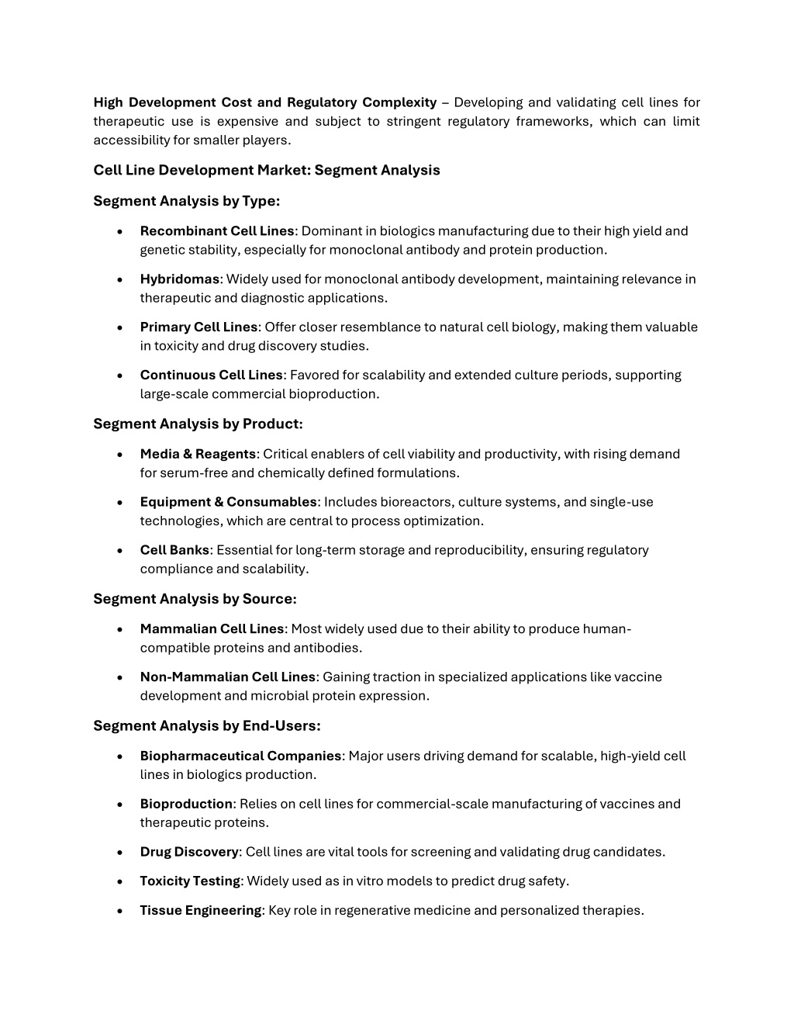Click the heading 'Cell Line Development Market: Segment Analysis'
point(266,170)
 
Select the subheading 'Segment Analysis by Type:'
point(186,201)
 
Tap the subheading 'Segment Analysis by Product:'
point(198,424)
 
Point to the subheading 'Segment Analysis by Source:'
point(195,599)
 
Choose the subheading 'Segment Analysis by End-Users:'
point(206,726)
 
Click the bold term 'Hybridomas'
point(179,279)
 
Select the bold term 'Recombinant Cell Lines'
point(217,231)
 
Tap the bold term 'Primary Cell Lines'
point(198,327)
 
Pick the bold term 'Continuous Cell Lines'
point(211,376)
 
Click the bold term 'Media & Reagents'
point(198,454)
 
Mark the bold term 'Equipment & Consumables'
point(228,502)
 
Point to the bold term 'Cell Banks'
point(174,550)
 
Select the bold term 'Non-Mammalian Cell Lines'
point(227,677)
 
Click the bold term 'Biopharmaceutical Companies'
point(240,756)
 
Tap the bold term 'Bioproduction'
point(186,804)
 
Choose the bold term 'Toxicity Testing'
point(190,881)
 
